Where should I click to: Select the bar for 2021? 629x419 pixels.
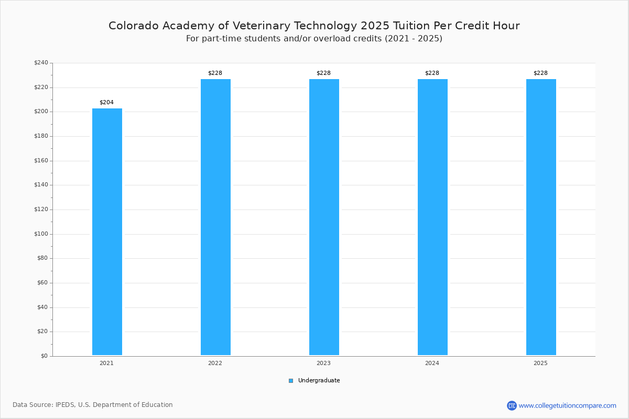[107, 231]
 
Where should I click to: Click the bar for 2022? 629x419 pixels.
[215, 217]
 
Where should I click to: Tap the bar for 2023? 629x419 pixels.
[324, 217]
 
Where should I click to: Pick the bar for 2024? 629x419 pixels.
[432, 217]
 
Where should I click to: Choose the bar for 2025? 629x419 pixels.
[541, 217]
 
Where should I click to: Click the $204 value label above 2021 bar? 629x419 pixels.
[106, 102]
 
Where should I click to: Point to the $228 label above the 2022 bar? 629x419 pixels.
[215, 73]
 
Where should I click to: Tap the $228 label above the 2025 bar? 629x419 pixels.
[540, 73]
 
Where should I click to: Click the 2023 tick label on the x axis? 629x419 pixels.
[323, 363]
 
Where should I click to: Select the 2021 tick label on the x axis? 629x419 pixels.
[106, 363]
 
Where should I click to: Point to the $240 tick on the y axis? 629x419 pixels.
[41, 63]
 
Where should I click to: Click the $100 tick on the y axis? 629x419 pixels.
[41, 234]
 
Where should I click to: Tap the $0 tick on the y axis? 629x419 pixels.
[44, 356]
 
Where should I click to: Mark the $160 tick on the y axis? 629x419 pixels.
[41, 161]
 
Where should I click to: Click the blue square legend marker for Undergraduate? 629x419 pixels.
[291, 381]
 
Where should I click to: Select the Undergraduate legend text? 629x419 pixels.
[319, 381]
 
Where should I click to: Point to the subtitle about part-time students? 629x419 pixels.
[314, 39]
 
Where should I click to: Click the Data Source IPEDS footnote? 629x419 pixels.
[93, 405]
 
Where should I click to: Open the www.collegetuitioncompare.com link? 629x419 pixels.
[567, 405]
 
